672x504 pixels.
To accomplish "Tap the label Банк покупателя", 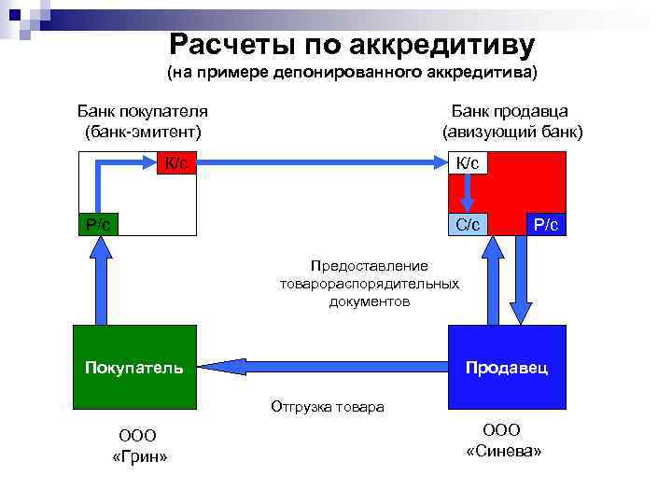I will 142,111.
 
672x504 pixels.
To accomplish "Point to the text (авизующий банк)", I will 512,131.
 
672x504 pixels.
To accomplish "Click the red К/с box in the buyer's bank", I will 176,163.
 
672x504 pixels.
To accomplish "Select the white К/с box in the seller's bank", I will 468,163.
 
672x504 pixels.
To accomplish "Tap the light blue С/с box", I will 468,224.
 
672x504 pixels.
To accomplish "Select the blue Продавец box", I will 507,367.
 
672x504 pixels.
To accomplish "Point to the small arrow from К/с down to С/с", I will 469,192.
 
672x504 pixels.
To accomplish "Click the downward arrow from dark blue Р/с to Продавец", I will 523,280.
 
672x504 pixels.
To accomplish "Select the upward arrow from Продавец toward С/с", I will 492,280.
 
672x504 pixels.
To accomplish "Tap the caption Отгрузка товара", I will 327,407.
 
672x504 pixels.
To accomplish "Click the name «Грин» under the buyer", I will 138,456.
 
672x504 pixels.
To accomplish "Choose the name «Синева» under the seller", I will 503,450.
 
